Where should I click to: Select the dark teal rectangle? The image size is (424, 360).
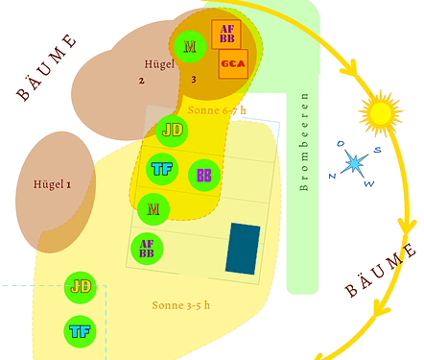243,248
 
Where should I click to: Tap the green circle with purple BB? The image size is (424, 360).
204,175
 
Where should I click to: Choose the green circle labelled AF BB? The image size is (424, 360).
147,250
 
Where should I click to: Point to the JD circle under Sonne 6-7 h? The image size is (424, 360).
173,130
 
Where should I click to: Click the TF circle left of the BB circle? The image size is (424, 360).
162,170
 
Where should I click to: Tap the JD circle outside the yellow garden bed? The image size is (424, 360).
80,287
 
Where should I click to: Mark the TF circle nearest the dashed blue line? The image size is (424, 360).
80,331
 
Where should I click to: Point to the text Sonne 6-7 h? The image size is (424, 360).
216,110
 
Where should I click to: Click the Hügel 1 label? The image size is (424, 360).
53,183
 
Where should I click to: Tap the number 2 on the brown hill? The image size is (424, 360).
141,80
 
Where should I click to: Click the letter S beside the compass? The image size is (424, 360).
378,149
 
